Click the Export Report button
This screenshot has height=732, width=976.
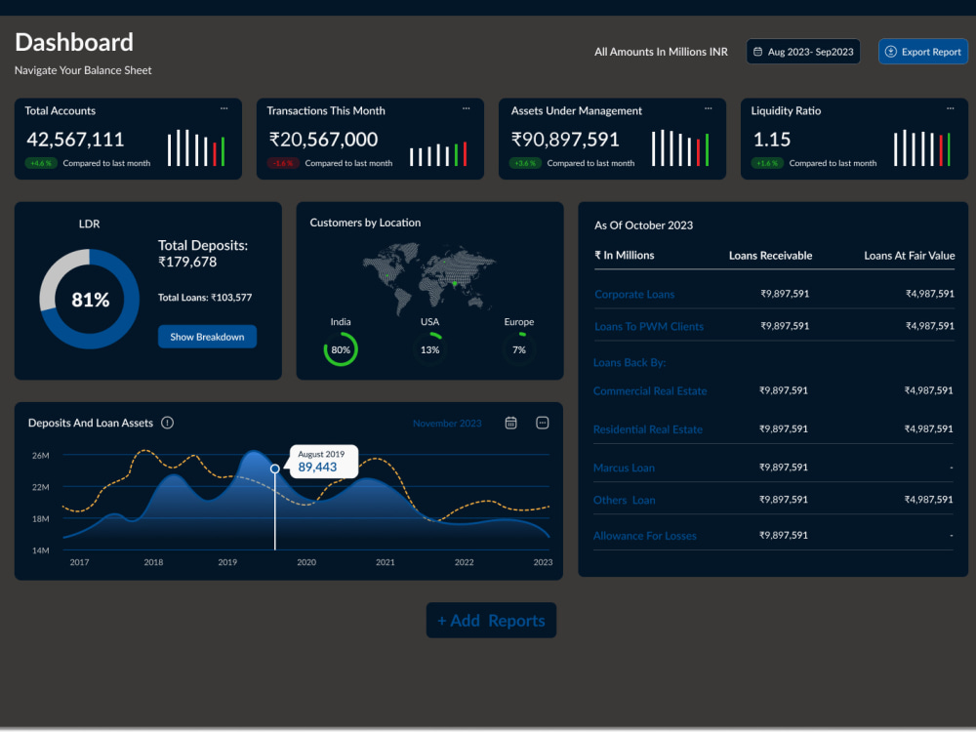tap(922, 52)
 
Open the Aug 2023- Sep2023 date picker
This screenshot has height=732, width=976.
tap(803, 52)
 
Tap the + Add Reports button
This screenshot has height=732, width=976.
tap(491, 621)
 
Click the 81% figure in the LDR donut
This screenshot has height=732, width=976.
tap(90, 300)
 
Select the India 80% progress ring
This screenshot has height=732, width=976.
tap(341, 349)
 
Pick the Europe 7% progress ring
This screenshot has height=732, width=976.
tap(519, 349)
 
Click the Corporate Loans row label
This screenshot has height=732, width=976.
tap(634, 294)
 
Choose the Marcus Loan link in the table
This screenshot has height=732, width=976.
tap(624, 468)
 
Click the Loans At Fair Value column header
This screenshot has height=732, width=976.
tap(909, 256)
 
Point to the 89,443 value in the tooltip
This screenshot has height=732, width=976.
tap(317, 468)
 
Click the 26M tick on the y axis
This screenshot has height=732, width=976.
tap(40, 456)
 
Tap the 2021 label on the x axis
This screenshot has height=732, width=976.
tap(386, 562)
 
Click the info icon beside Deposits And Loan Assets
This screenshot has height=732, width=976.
tap(167, 423)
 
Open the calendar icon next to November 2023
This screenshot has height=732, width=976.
tap(510, 423)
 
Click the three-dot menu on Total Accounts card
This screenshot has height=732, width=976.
tap(224, 108)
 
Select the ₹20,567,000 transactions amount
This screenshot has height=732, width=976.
tap(323, 140)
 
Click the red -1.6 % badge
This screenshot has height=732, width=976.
tap(283, 163)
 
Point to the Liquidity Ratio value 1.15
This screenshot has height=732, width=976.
tap(772, 140)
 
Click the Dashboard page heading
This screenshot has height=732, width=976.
tap(74, 42)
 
